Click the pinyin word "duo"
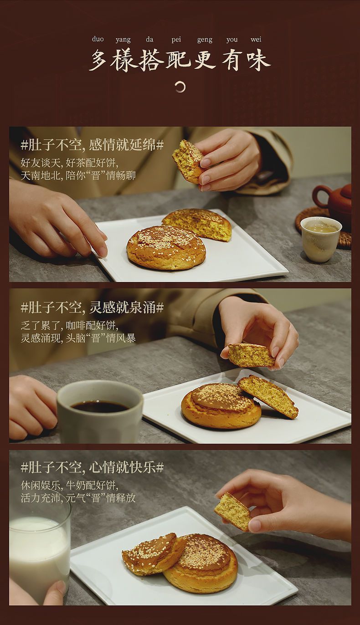(98, 39)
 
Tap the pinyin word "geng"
(205, 40)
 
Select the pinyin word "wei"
(256, 39)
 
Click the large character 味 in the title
(258, 60)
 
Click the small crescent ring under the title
(180, 87)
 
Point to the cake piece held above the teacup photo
(188, 161)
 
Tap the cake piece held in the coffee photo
(251, 355)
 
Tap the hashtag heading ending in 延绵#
(93, 145)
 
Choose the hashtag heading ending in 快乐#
(93, 467)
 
